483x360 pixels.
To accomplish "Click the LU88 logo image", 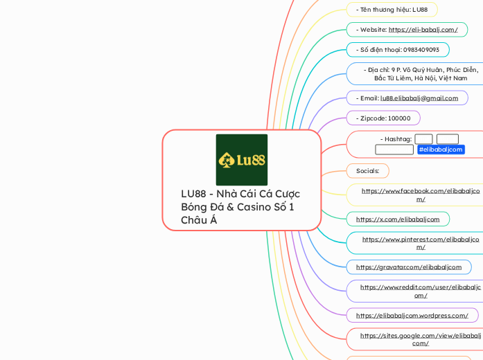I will click(241, 160).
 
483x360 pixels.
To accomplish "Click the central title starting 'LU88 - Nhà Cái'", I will click(240, 206).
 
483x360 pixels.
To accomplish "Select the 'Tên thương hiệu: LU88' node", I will click(392, 10).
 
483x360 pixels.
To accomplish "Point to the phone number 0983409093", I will click(397, 50).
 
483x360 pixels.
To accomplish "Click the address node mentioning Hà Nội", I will click(420, 74).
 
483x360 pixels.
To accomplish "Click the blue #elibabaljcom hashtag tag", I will click(441, 150).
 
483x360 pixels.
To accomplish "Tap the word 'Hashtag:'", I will click(396, 139).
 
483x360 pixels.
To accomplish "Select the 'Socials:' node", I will click(367, 170).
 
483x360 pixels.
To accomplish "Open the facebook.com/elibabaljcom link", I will click(420, 195).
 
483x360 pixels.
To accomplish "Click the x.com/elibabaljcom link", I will click(398, 219).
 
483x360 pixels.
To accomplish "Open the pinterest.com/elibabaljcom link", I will click(420, 243).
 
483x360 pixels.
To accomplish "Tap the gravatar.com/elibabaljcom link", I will click(408, 267).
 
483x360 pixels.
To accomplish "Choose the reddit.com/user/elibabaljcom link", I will click(420, 291).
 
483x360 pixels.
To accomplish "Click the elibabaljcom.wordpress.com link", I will click(412, 316).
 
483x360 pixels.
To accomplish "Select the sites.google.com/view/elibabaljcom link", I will click(420, 339).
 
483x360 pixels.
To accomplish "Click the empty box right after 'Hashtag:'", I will click(423, 139).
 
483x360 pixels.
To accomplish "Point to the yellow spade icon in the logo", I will click(226, 161).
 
